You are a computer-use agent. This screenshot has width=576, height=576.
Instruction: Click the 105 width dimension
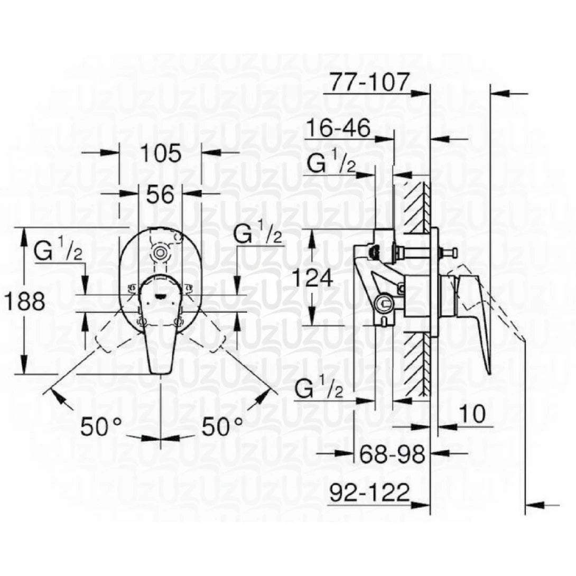click(x=161, y=153)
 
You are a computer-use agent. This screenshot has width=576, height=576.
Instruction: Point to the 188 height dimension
click(x=23, y=302)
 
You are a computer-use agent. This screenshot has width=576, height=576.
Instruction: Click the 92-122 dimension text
click(x=369, y=493)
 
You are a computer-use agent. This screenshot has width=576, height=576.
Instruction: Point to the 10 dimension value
click(x=472, y=415)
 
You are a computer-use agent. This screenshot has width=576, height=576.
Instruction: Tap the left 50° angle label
click(x=101, y=426)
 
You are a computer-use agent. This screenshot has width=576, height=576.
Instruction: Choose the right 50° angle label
click(x=222, y=426)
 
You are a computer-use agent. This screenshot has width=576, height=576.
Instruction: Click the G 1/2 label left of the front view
click(x=58, y=251)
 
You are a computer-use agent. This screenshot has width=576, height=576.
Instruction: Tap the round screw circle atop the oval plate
click(x=159, y=253)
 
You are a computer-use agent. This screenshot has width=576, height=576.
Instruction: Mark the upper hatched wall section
click(x=417, y=203)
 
